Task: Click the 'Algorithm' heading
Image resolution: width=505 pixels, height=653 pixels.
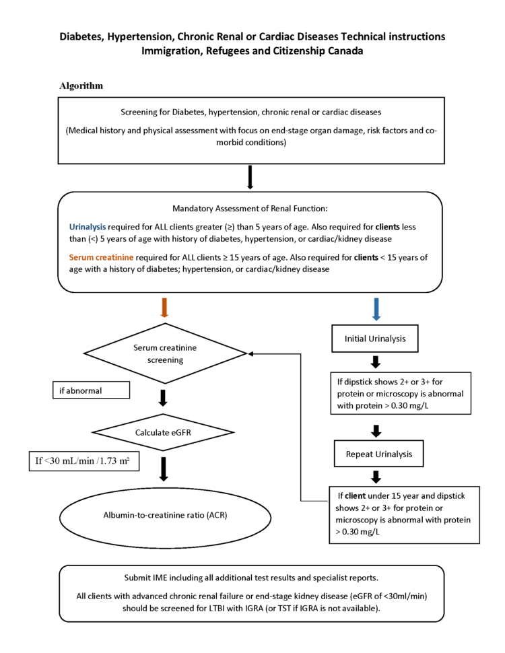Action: pyautogui.click(x=81, y=86)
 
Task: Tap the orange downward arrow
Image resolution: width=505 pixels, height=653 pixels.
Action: pyautogui.click(x=164, y=307)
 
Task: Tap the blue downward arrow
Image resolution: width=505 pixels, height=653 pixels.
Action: pyautogui.click(x=375, y=307)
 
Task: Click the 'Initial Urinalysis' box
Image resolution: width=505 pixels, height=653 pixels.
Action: pyautogui.click(x=375, y=339)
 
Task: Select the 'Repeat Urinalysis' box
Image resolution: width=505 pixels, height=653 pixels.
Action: pyautogui.click(x=375, y=454)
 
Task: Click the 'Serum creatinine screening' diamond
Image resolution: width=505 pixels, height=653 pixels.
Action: pyautogui.click(x=164, y=354)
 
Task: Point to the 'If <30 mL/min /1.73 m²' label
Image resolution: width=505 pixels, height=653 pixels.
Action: pyautogui.click(x=83, y=462)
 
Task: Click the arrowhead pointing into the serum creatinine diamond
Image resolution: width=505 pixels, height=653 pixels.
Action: pyautogui.click(x=251, y=354)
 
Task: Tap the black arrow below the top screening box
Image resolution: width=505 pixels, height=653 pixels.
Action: pyautogui.click(x=250, y=177)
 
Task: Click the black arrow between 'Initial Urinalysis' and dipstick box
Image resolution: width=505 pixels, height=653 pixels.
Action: pyautogui.click(x=375, y=362)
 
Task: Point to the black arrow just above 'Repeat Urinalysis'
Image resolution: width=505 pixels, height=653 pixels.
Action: pyautogui.click(x=375, y=430)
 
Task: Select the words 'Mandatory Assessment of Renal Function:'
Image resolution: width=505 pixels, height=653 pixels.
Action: pyautogui.click(x=250, y=208)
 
